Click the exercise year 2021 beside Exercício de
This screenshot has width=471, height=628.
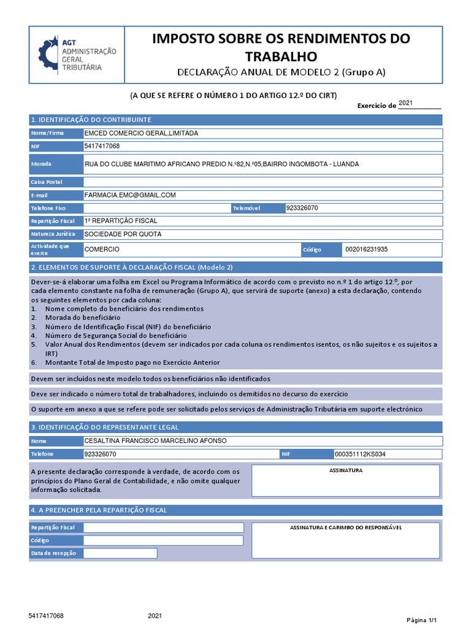pyautogui.click(x=406, y=103)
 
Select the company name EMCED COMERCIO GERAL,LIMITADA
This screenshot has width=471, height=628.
pyautogui.click(x=141, y=133)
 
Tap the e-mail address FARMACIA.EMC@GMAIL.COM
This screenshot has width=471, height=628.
pyautogui.click(x=130, y=195)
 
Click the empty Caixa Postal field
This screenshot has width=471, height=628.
pyautogui.click(x=262, y=182)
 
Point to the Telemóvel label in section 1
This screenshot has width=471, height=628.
pyautogui.click(x=247, y=209)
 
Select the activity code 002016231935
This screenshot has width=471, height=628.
pyautogui.click(x=367, y=250)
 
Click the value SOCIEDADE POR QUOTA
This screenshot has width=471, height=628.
pyautogui.click(x=123, y=234)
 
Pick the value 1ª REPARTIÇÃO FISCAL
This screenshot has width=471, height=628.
pyautogui.click(x=121, y=221)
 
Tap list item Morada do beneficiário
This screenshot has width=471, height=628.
pyautogui.click(x=83, y=318)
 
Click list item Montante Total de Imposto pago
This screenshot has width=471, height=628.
pyautogui.click(x=132, y=362)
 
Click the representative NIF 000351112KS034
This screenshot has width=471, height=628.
pyautogui.click(x=360, y=454)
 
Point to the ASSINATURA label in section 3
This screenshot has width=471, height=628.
pyautogui.click(x=346, y=470)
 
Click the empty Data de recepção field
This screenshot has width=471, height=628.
pyautogui.click(x=120, y=553)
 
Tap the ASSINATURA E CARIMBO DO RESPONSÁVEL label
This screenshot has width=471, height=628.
pyautogui.click(x=345, y=527)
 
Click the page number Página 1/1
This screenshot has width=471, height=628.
pyautogui.click(x=422, y=620)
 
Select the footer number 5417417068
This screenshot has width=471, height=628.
pyautogui.click(x=46, y=615)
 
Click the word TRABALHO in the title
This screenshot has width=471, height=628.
pyautogui.click(x=281, y=57)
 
